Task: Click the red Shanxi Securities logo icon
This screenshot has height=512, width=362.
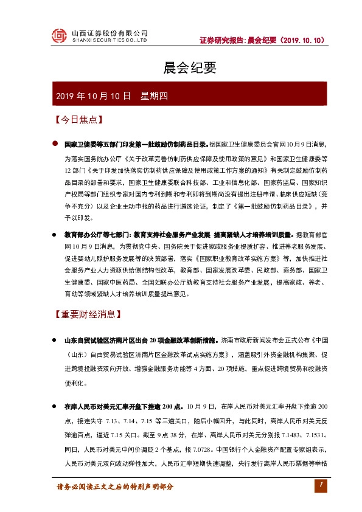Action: coord(59,36)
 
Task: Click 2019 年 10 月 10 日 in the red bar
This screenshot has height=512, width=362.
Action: coord(93,96)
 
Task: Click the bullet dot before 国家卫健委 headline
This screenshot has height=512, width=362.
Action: coord(55,145)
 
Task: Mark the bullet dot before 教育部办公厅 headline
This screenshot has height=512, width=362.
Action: coord(55,234)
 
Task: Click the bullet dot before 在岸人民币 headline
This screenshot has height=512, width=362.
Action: coord(55,406)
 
